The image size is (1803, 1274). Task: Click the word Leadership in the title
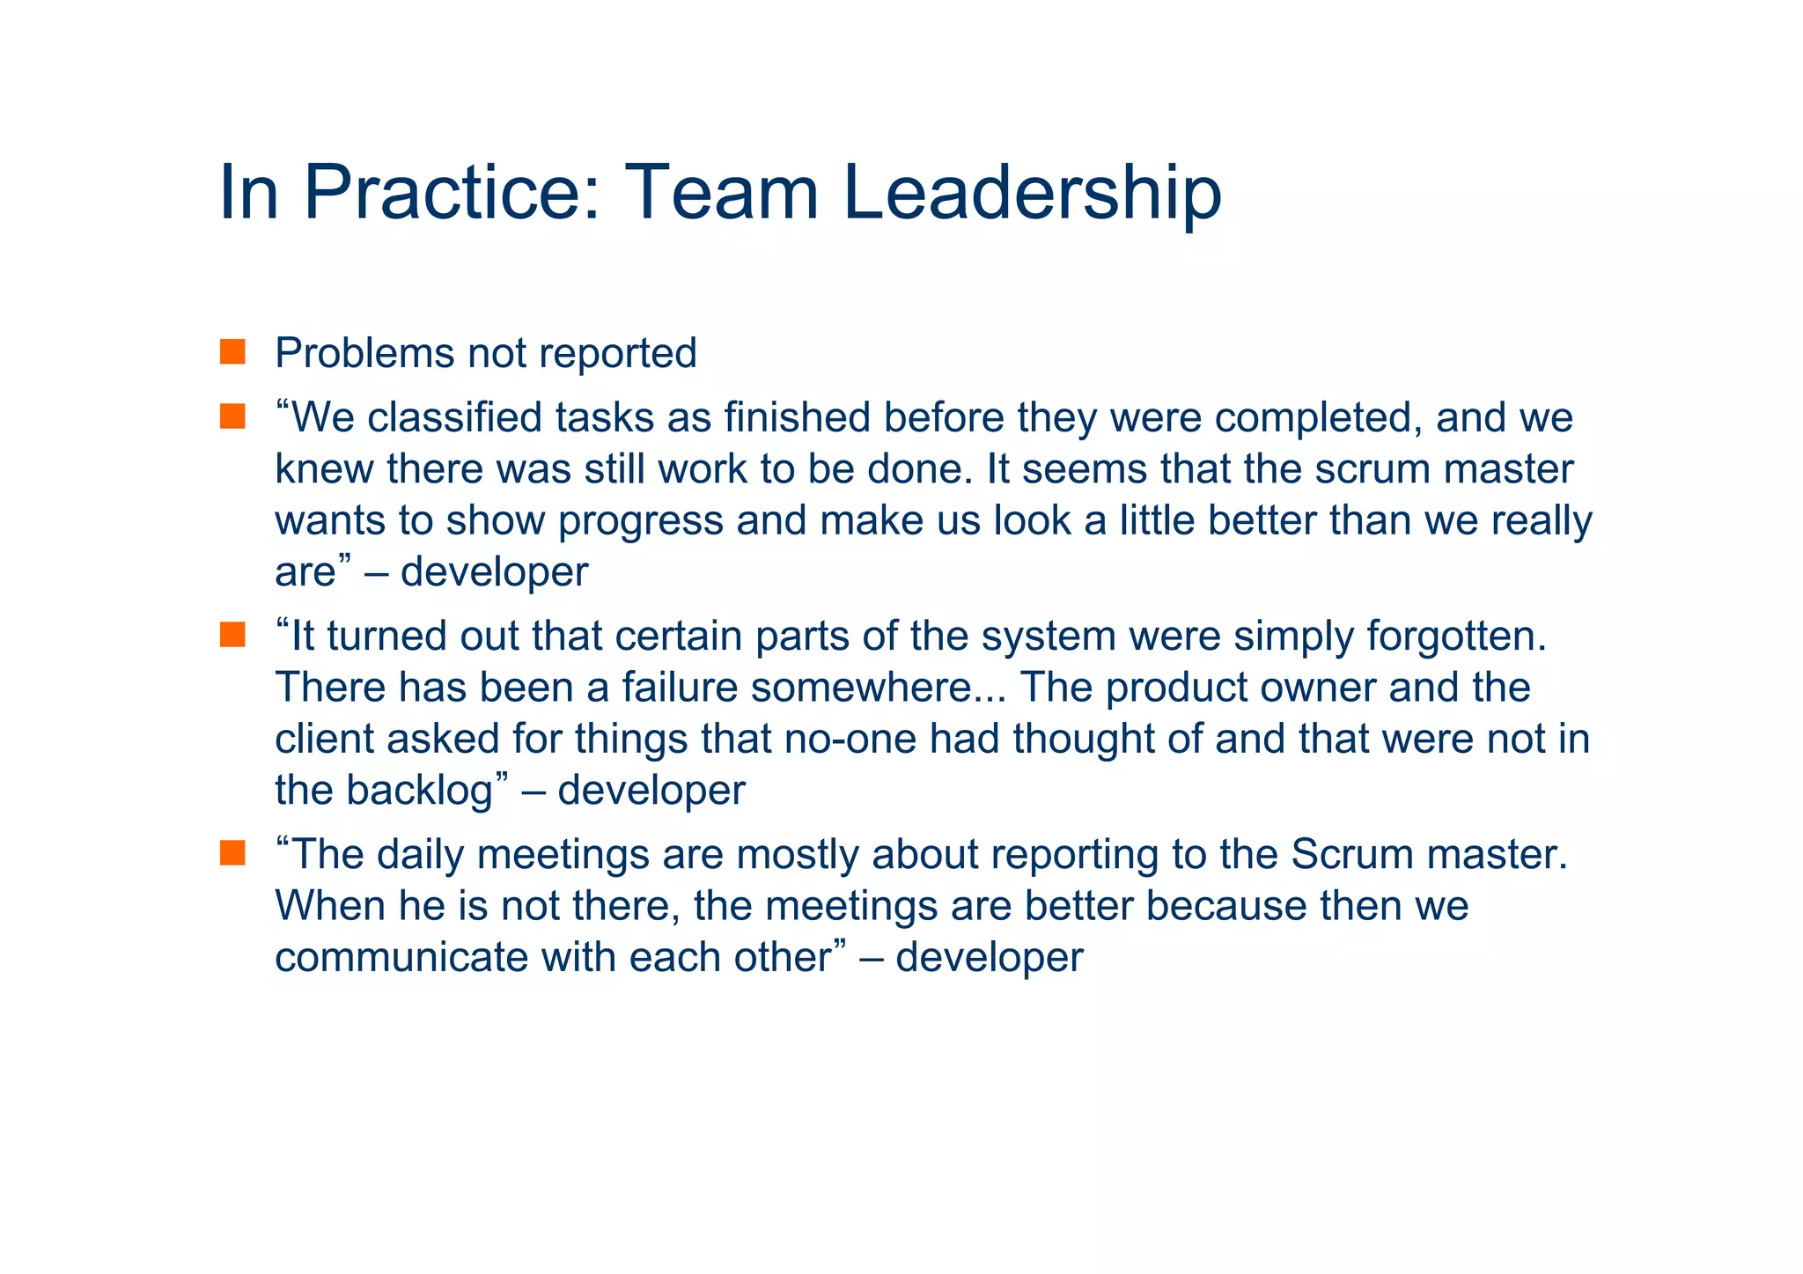pos(1032,193)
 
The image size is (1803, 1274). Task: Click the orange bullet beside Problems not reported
pos(232,352)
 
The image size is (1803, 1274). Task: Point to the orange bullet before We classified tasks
pos(232,416)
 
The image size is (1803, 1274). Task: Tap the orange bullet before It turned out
pos(232,635)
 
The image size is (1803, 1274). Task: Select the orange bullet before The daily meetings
pos(232,853)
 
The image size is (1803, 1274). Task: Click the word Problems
pos(364,354)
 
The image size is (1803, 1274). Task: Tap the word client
pos(324,739)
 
